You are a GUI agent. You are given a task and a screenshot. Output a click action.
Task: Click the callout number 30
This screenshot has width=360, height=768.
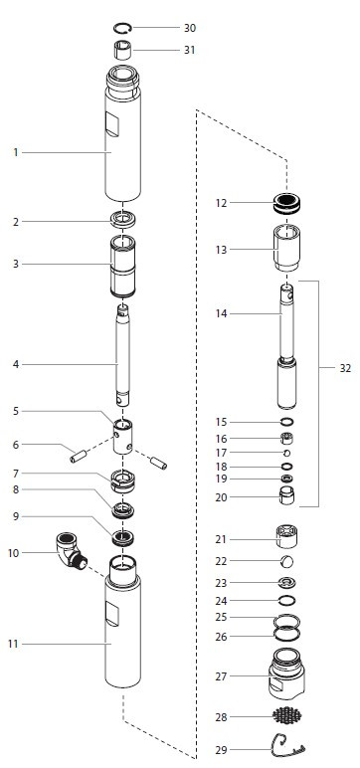pos(190,28)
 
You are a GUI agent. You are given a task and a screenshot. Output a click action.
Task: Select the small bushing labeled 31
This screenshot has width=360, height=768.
pos(123,51)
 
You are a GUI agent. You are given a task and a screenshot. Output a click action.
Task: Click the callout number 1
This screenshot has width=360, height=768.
pos(16,153)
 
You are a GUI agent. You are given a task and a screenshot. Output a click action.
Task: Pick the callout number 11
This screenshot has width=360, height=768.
pos(13,644)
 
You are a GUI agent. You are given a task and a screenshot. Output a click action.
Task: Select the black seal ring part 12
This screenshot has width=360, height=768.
pos(286,203)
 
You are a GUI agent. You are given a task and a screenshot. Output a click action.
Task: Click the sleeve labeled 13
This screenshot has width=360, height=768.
pos(286,248)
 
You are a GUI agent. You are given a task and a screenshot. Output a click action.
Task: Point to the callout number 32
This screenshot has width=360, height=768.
pos(345,369)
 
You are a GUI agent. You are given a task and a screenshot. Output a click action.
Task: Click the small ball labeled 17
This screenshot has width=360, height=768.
pos(287,453)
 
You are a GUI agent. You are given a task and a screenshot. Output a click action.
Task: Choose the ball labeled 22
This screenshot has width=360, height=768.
pos(287,561)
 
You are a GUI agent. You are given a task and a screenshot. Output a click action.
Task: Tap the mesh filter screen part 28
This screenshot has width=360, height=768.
pos(287,716)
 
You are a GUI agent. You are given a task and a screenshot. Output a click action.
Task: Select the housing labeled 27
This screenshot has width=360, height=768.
pos(286,673)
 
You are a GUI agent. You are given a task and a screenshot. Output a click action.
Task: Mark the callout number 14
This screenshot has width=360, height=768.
pos(222,313)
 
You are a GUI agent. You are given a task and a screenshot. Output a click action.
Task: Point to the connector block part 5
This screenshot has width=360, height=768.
pos(123,437)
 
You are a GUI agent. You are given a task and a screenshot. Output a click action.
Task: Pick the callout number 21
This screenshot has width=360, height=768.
pos(222,539)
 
